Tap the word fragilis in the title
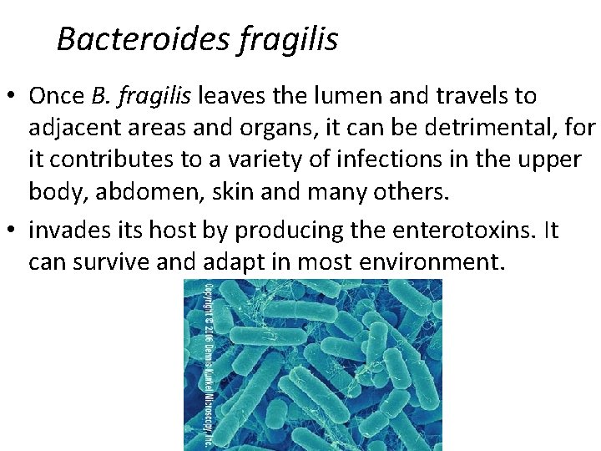click(288, 38)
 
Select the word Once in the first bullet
click(57, 95)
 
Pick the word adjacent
click(72, 128)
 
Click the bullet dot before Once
click(14, 96)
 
